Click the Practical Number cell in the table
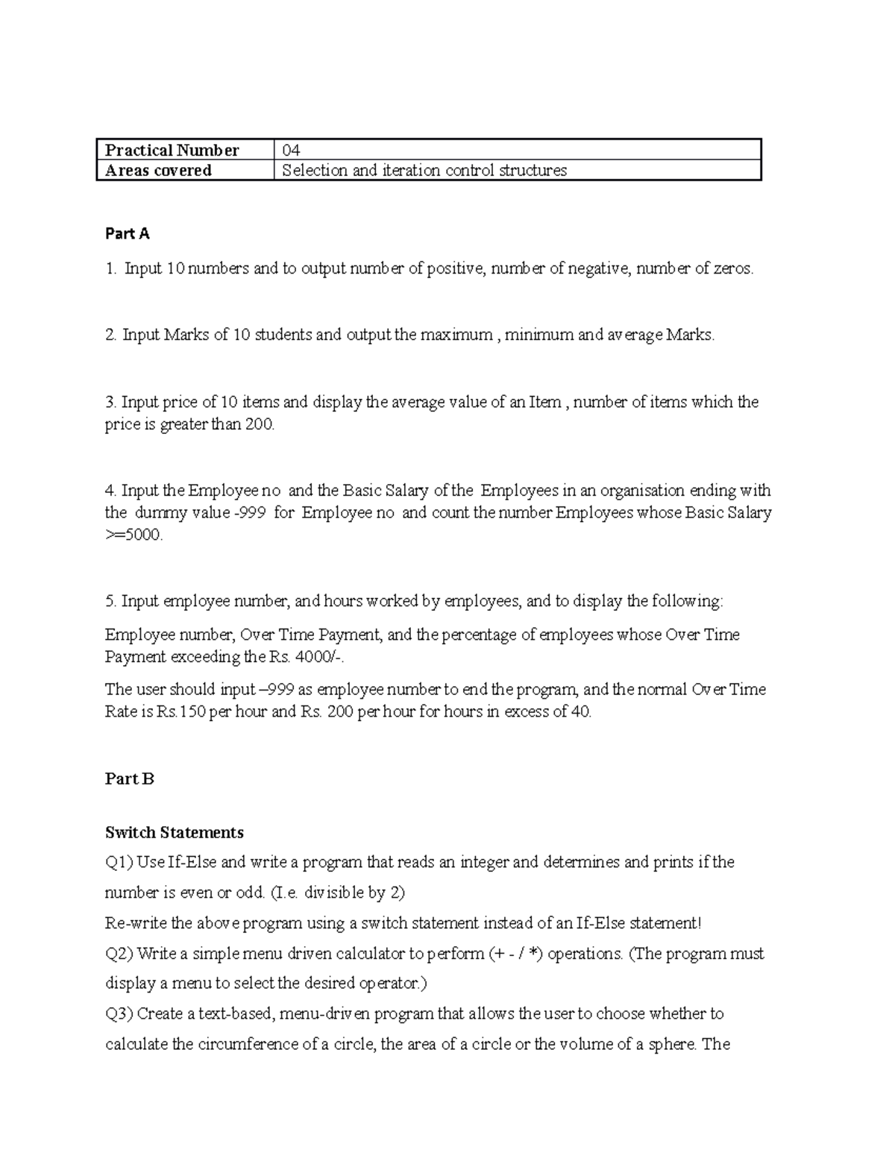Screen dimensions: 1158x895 (x=172, y=151)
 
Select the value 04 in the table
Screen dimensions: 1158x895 (x=291, y=151)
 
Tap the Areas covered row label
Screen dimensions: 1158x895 (x=158, y=171)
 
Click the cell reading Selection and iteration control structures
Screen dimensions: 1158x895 (x=424, y=171)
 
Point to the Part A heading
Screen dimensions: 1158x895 (x=128, y=234)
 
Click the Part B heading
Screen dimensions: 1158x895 (x=130, y=779)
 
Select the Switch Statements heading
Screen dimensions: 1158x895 (x=175, y=832)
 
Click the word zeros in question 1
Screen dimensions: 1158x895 (x=732, y=269)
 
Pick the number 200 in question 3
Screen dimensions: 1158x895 (x=260, y=426)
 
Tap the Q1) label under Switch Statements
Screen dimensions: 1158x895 (x=119, y=863)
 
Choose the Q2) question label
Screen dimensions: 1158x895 (x=119, y=954)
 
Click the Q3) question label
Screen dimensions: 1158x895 (x=119, y=1014)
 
